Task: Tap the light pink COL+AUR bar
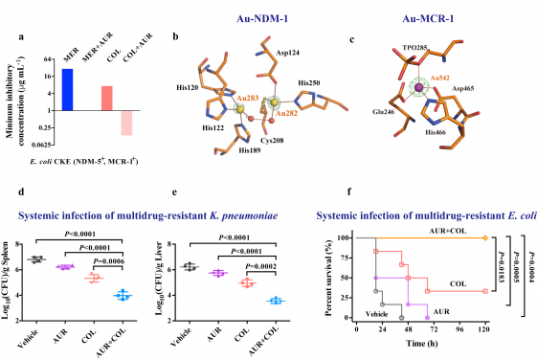(x=126, y=123)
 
